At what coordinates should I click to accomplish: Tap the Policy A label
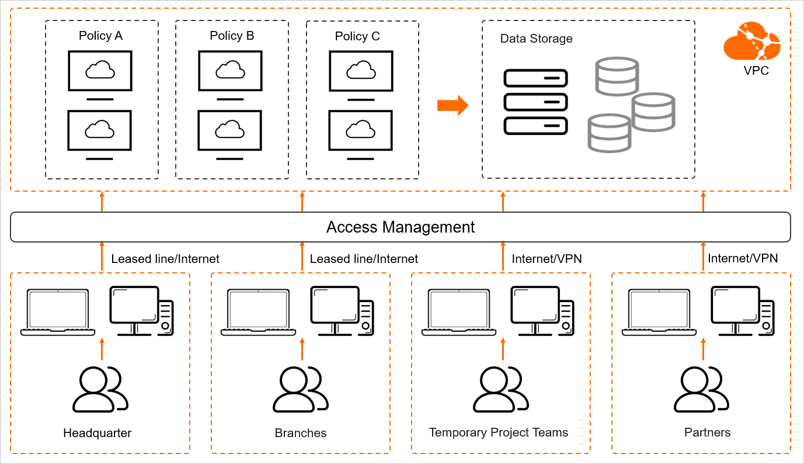(x=100, y=36)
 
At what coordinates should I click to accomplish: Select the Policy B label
(x=232, y=36)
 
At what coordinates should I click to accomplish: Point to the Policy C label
(x=357, y=36)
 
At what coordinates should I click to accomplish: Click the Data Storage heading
(x=536, y=39)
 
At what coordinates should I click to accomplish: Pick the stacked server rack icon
(x=535, y=102)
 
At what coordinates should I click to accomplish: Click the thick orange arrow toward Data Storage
(x=453, y=105)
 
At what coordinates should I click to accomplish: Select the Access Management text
(x=401, y=227)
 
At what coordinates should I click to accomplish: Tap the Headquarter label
(x=98, y=433)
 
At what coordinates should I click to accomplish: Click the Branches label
(x=301, y=433)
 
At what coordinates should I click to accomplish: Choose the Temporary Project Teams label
(x=499, y=432)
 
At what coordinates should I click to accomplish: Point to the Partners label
(x=707, y=432)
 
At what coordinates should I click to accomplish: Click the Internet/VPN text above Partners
(x=743, y=258)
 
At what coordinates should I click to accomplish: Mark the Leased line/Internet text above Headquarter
(x=165, y=258)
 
